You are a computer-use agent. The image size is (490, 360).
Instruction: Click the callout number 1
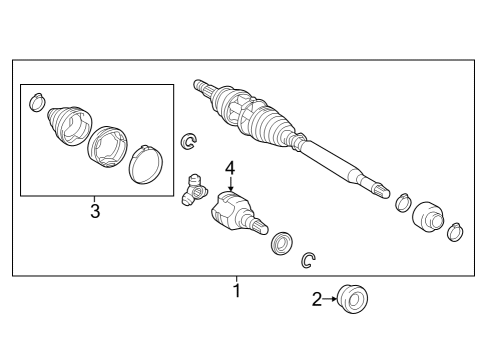[x=237, y=291]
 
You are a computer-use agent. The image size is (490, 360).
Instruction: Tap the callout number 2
[x=317, y=299]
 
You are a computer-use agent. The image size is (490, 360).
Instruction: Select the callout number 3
[x=95, y=211]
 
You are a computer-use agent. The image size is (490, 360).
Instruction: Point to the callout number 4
[x=230, y=168]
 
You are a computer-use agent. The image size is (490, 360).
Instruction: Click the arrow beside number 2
[x=330, y=299]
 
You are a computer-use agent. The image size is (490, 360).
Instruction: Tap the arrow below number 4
[x=231, y=184]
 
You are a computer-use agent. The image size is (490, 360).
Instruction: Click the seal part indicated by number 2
[x=353, y=299]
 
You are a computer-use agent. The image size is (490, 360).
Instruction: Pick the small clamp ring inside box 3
[x=37, y=102]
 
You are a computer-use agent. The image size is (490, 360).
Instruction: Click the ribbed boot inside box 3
[x=69, y=126]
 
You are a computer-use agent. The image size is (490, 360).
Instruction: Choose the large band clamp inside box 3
[x=146, y=165]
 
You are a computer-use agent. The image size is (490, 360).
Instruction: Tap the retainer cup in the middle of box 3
[x=107, y=147]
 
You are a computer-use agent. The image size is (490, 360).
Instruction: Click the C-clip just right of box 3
[x=189, y=141]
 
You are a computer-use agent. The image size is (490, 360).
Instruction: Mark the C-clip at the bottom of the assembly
[x=308, y=260]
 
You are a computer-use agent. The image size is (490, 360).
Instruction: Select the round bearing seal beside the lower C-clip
[x=282, y=244]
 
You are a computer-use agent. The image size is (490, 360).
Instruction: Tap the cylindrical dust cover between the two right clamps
[x=428, y=217]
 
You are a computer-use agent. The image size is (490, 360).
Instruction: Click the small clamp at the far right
[x=455, y=232]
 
